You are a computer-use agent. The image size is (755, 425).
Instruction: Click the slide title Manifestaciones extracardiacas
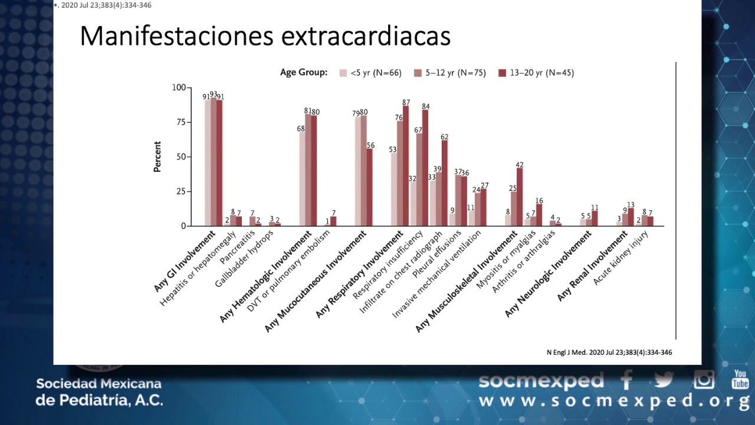pos(265,36)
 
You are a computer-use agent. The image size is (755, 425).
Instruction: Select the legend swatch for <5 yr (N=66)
pos(343,73)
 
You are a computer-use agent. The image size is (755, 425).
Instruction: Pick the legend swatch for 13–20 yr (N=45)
pos(503,73)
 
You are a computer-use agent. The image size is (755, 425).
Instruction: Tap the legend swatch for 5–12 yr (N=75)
pos(418,73)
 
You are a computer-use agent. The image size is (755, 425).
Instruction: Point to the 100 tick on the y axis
pos(178,87)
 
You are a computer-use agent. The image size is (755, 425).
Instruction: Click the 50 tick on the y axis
pos(180,157)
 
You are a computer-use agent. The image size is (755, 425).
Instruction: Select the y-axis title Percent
pos(157,156)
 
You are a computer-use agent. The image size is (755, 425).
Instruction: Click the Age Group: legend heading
pos(304,73)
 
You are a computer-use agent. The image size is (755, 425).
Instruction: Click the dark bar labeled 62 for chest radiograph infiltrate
pos(445,184)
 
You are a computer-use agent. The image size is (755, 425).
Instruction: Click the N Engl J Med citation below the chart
pos(609,352)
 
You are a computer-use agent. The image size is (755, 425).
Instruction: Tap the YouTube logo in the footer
pos(740,380)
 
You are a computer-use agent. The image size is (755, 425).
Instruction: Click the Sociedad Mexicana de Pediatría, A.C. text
pos(99,392)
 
